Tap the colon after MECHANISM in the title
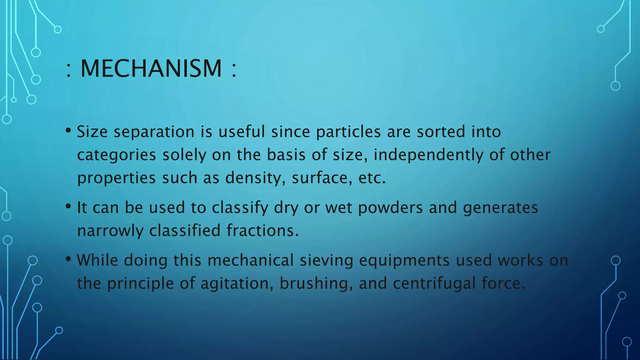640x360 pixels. click(234, 69)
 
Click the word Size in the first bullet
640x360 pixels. click(92, 132)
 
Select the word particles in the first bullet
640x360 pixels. click(348, 132)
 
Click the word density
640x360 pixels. click(255, 178)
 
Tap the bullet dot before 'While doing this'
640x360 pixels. click(68, 259)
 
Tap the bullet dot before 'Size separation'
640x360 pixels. click(68, 130)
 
